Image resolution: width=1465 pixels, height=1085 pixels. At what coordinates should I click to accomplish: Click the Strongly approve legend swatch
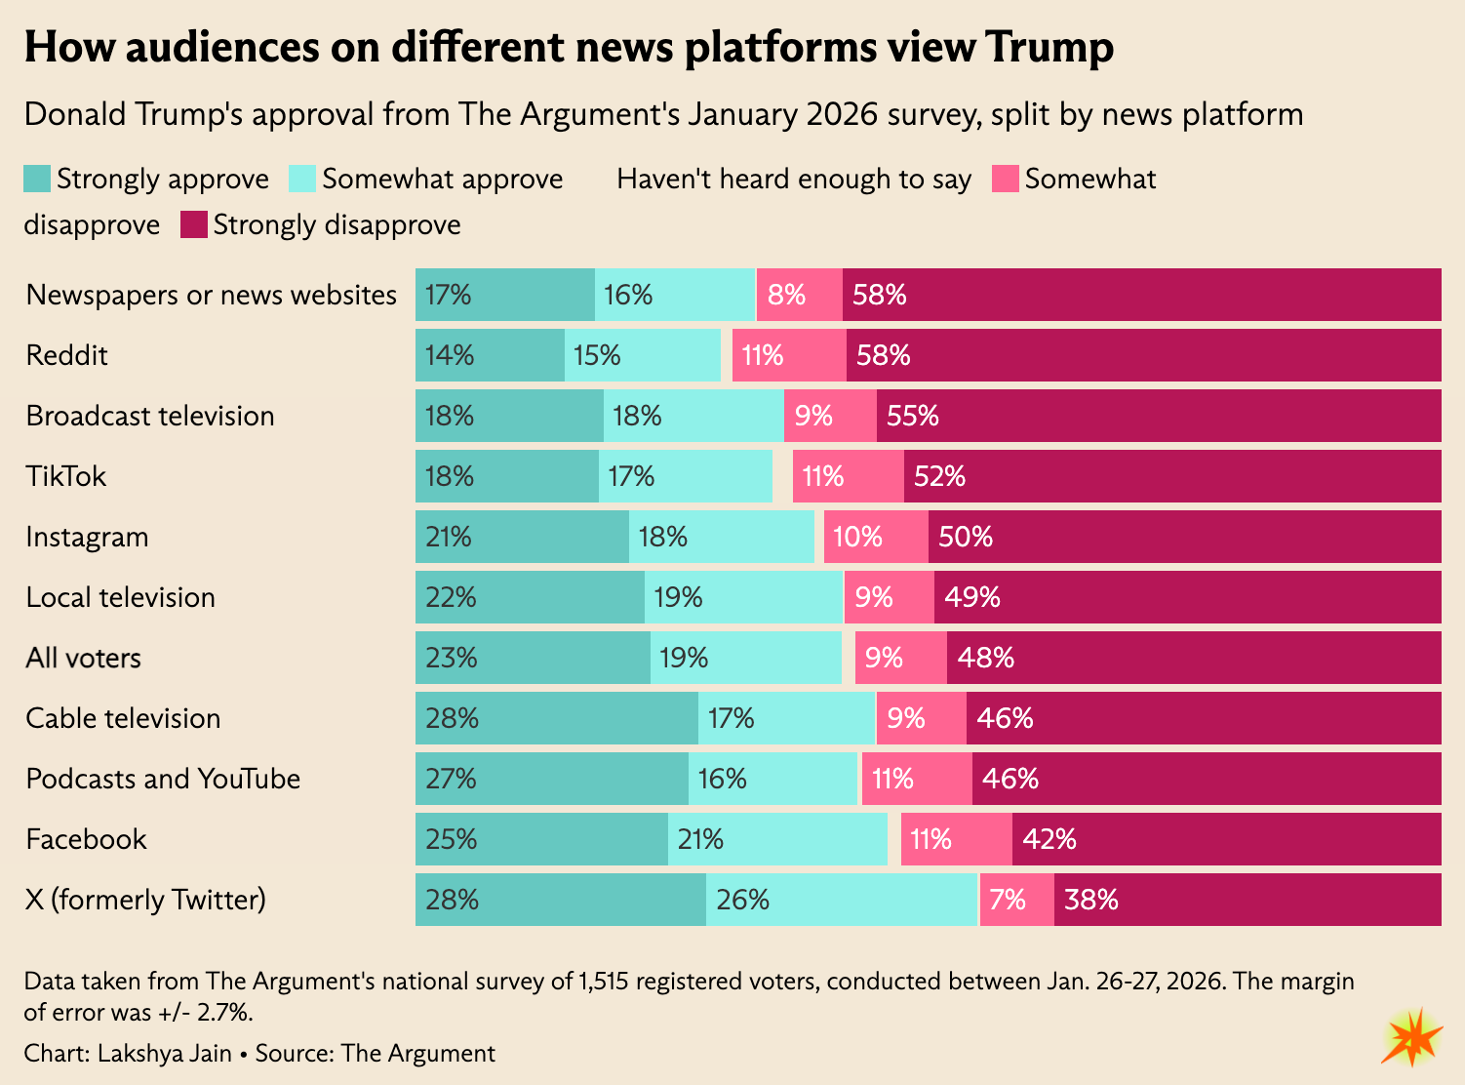point(37,180)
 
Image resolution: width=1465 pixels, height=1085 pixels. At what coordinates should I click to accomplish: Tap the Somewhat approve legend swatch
point(302,180)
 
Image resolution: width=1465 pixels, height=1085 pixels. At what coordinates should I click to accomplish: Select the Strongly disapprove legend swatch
point(194,225)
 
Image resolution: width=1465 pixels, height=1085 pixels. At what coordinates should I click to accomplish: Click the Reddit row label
point(66,355)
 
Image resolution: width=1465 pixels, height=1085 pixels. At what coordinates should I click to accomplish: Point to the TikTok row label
point(65,476)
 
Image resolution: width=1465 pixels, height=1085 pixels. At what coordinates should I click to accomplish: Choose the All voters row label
point(83,658)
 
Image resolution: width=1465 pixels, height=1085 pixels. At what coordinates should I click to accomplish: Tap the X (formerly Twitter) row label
point(145,900)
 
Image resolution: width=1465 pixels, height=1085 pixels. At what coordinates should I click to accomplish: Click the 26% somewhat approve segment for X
point(842,900)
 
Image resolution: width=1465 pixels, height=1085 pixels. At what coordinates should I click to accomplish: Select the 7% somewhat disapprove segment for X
point(1016,900)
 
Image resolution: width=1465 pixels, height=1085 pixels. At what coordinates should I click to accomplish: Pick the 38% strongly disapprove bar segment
point(1247,900)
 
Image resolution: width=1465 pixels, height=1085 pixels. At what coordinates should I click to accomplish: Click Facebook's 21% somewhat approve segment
point(777,839)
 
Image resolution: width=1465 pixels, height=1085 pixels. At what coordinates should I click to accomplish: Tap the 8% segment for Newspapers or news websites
point(799,295)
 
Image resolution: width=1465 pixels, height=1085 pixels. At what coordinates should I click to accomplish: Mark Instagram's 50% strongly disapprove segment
point(1184,537)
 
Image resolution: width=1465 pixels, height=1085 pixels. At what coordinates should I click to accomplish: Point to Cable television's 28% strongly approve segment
point(556,718)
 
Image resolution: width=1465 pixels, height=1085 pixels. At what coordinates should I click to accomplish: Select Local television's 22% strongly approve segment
point(530,597)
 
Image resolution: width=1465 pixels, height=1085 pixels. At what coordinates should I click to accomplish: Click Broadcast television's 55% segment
point(1159,416)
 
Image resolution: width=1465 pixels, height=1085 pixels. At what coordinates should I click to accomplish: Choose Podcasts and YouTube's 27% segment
point(551,779)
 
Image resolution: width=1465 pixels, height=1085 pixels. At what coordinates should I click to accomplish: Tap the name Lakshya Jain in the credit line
point(165,1054)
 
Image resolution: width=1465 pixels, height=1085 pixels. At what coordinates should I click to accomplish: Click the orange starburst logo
point(1411,1037)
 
